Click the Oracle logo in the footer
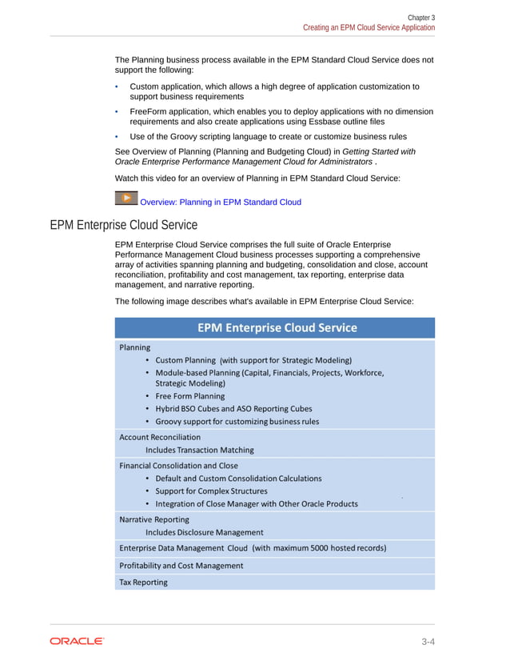coord(77,641)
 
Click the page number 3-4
coord(432,641)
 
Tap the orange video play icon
coord(126,198)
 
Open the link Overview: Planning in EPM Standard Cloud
coord(220,202)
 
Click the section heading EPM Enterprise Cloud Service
coord(123,225)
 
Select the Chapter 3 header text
coord(421,17)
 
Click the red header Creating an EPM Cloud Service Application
coord(369,27)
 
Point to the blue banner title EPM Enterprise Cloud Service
coord(277,327)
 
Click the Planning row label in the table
coord(134,347)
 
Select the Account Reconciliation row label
coord(160,437)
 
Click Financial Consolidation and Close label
coord(178,465)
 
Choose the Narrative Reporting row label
coord(154,519)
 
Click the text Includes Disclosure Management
coord(204,532)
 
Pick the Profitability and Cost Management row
coord(181,565)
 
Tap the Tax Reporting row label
coord(143,582)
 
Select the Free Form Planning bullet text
coord(189,396)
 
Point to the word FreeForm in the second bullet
coord(149,111)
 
